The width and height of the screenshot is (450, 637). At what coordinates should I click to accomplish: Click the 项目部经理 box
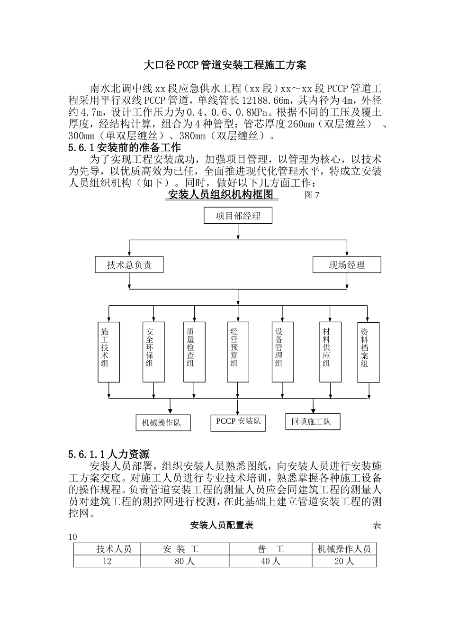(x=238, y=216)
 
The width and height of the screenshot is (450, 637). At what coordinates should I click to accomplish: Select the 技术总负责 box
(x=129, y=265)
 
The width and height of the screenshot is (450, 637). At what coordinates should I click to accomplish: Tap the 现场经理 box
(x=347, y=265)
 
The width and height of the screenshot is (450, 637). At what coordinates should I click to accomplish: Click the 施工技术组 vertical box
(x=108, y=352)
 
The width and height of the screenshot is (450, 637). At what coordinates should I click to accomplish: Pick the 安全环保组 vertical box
(x=153, y=352)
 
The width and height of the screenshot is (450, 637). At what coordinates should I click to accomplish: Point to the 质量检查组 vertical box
(x=194, y=352)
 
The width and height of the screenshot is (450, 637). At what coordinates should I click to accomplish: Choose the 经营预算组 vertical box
(x=238, y=352)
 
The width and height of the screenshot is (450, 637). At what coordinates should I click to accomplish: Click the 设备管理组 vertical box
(x=283, y=352)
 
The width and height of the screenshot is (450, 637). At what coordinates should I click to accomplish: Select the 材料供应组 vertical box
(x=330, y=352)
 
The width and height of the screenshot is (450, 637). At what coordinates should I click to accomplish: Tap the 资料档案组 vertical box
(x=368, y=352)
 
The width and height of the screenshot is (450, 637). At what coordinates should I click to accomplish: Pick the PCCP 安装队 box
(x=238, y=421)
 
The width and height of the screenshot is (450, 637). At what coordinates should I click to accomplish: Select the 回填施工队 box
(x=313, y=421)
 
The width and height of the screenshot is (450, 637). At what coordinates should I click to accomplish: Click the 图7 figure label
(x=312, y=195)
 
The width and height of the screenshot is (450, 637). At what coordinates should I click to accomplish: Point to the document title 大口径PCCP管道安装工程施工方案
(x=225, y=65)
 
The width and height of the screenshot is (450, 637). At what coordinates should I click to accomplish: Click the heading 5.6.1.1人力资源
(x=108, y=454)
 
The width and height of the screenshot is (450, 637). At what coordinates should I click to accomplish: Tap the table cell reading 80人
(x=185, y=561)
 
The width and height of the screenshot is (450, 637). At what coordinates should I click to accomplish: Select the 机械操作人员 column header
(x=344, y=549)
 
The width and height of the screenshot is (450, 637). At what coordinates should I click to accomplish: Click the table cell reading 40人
(x=270, y=561)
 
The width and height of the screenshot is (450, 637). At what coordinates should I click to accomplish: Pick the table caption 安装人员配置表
(x=222, y=525)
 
